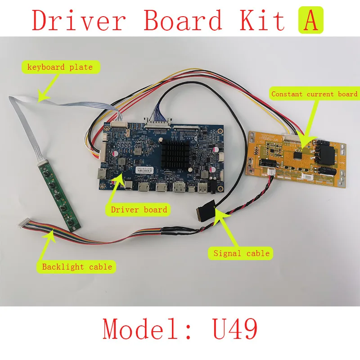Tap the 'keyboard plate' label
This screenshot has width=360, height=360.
tap(60, 67)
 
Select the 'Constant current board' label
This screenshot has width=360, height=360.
tap(314, 94)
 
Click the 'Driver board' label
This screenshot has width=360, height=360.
tap(139, 209)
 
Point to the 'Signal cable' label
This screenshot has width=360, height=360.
tap(241, 253)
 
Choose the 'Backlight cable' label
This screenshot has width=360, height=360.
tap(76, 267)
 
